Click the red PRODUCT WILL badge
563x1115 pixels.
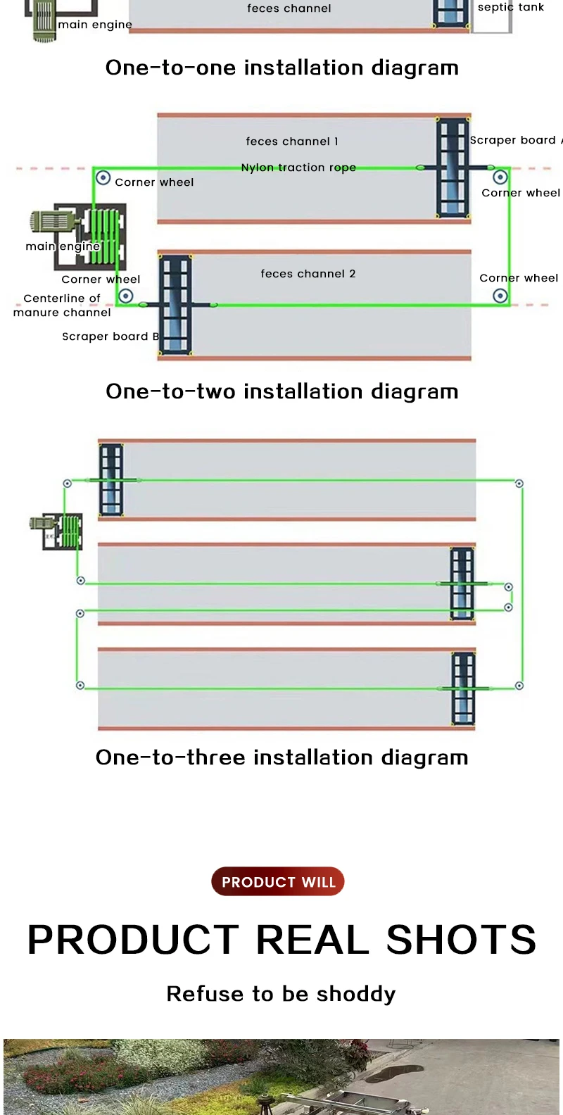278,881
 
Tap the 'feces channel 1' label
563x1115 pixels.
292,141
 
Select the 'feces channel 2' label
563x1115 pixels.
308,274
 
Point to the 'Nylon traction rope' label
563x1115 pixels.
298,168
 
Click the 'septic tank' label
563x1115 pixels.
511,8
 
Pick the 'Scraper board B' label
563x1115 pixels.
110,336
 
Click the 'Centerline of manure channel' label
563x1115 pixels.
62,305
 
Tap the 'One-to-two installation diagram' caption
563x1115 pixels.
281,391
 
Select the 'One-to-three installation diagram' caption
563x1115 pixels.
281,757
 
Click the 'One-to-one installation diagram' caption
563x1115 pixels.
281,68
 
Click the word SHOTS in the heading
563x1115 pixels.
461,939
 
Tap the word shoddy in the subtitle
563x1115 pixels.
356,993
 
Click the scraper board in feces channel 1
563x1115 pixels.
453,168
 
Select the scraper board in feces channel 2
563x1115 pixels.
175,305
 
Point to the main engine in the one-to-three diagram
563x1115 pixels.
56,531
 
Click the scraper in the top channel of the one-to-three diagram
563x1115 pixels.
111,480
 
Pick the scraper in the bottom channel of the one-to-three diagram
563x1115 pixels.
464,688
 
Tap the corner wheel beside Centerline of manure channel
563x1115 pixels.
125,296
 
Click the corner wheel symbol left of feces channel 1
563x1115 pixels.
103,177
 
